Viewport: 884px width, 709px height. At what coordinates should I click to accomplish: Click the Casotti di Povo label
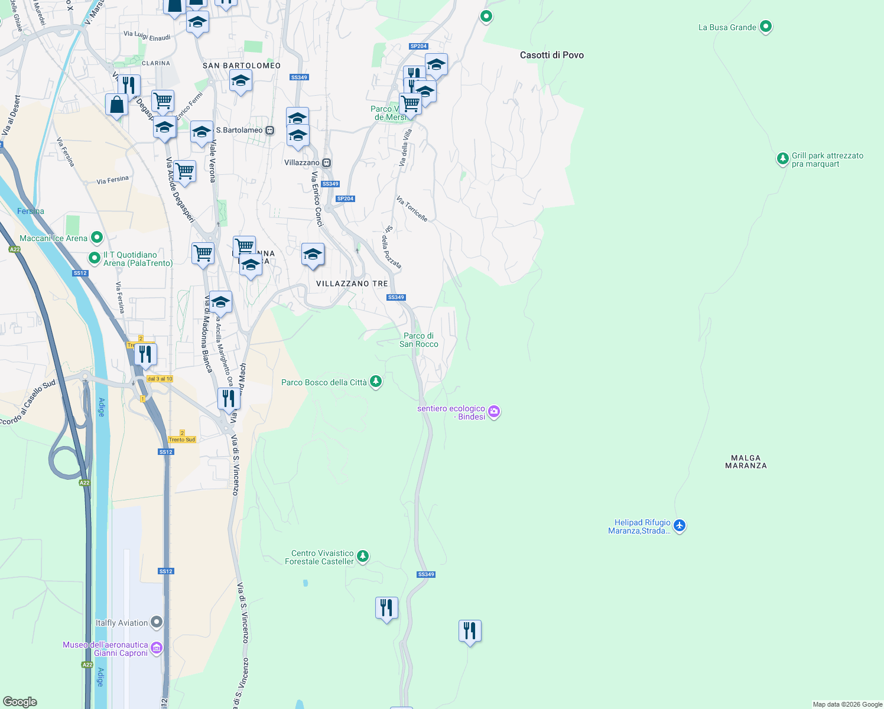coord(551,55)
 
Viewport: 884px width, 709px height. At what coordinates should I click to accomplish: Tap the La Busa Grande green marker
coord(766,27)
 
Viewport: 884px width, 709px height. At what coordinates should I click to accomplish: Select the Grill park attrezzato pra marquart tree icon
coord(782,158)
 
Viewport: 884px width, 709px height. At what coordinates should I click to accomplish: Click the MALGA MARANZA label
coord(746,461)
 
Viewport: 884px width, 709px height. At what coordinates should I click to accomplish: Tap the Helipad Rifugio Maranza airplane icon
coord(680,525)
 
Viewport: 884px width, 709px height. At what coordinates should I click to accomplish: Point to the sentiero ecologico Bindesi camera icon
coord(494,412)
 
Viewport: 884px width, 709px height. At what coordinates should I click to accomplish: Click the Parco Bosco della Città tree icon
coord(375,382)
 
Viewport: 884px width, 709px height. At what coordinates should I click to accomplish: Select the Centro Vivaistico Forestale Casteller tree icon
coord(363,556)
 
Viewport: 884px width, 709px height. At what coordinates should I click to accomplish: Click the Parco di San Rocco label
coord(419,340)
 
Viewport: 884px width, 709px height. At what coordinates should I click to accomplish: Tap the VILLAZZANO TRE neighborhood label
coord(352,284)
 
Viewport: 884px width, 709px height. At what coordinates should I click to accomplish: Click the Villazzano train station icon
coord(326,162)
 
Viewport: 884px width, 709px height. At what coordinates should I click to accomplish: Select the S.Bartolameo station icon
coord(269,130)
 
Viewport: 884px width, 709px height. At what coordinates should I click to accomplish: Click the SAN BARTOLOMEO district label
coord(242,66)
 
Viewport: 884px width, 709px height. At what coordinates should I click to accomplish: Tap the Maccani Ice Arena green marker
coord(97,238)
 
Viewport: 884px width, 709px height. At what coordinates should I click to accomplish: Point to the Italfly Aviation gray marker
coord(156,622)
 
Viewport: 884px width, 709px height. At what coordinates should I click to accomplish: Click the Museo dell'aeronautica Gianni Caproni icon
coord(156,648)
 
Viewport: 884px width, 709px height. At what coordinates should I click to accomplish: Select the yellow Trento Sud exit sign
coord(181,439)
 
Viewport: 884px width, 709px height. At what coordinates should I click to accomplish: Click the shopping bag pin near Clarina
coord(116,105)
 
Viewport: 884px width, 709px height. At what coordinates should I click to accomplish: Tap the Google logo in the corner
coord(19,702)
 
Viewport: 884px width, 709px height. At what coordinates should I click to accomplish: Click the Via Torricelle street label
coord(412,209)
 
